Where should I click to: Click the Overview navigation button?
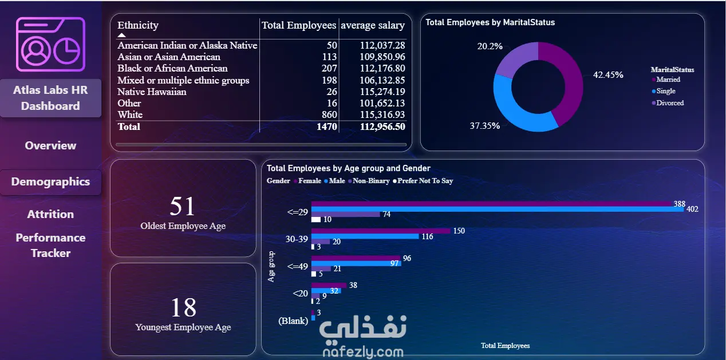(50, 145)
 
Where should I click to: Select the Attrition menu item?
(50, 214)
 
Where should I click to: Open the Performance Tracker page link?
(50, 245)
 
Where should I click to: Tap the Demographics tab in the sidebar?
(50, 182)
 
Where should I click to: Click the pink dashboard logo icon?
(50, 44)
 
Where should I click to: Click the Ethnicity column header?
(138, 25)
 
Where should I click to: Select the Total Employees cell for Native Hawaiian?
(330, 92)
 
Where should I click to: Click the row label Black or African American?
(172, 69)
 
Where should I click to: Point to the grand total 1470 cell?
(324, 126)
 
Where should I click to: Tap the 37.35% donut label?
(485, 126)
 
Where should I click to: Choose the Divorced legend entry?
(670, 103)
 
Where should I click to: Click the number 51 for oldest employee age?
(183, 206)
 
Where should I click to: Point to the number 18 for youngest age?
(183, 308)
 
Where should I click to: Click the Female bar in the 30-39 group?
(381, 231)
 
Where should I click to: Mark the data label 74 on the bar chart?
(386, 214)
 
